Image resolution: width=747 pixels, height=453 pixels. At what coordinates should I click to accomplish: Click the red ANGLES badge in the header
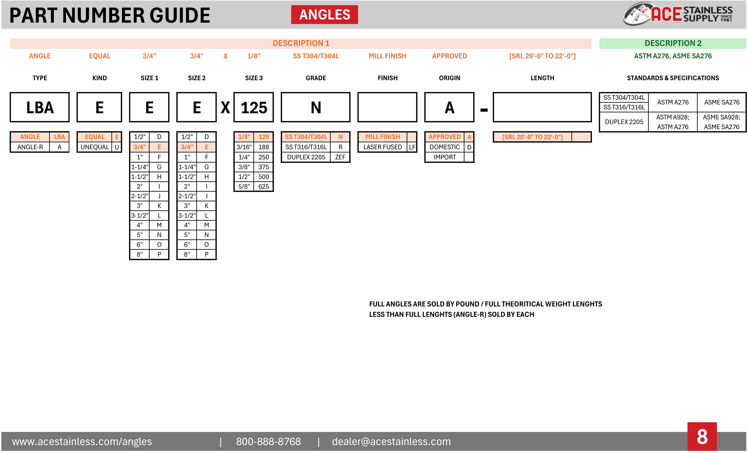pyautogui.click(x=324, y=15)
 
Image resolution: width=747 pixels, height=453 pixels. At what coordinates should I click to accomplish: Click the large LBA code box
pyautogui.click(x=40, y=107)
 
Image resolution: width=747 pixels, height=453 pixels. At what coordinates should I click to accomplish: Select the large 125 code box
pyautogui.click(x=253, y=107)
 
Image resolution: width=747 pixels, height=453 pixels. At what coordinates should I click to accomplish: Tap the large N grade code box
pyautogui.click(x=315, y=107)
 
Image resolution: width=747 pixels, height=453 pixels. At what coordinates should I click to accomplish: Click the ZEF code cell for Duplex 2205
pyautogui.click(x=340, y=157)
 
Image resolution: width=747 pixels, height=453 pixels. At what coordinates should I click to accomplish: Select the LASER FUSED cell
pyautogui.click(x=382, y=147)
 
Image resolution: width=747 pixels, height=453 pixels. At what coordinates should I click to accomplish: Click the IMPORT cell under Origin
pyautogui.click(x=444, y=157)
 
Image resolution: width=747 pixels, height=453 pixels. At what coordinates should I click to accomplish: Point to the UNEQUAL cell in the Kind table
pyautogui.click(x=95, y=147)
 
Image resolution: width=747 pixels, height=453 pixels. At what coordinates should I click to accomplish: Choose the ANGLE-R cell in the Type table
pyautogui.click(x=30, y=147)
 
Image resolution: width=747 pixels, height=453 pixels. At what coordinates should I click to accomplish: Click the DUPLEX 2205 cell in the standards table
pyautogui.click(x=624, y=122)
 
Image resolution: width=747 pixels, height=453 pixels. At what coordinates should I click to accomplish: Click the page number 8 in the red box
pyautogui.click(x=702, y=437)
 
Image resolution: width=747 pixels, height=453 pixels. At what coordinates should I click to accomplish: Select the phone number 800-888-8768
pyautogui.click(x=268, y=442)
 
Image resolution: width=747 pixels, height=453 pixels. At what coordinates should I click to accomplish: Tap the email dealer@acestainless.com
pyautogui.click(x=391, y=442)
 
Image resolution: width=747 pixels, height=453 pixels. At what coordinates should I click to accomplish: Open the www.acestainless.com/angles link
pyautogui.click(x=82, y=442)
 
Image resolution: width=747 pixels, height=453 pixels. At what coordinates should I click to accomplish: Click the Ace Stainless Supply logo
pyautogui.click(x=678, y=14)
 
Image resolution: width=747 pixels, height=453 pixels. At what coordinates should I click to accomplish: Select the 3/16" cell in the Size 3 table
pyautogui.click(x=244, y=147)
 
